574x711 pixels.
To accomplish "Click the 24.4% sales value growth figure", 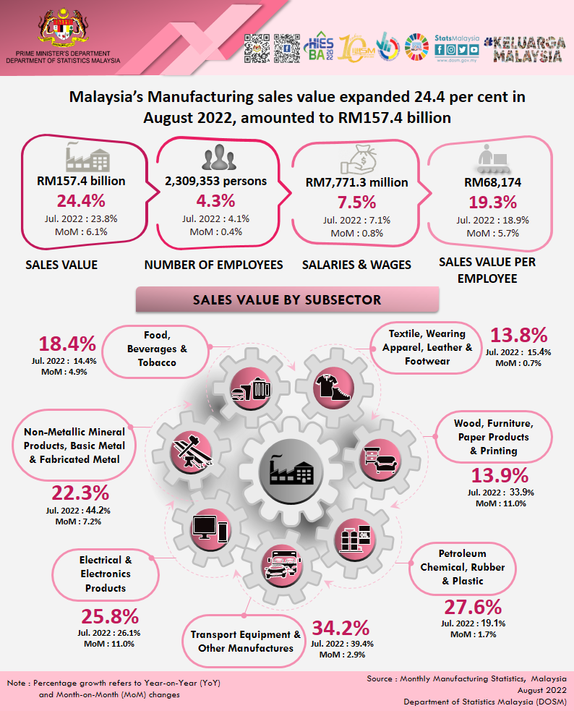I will click(x=81, y=201).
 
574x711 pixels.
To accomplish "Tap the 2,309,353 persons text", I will click(x=215, y=181).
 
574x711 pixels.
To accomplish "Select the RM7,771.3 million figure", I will click(x=356, y=182).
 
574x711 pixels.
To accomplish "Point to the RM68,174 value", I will click(x=492, y=182).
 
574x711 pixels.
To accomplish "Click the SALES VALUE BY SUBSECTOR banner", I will click(x=287, y=299).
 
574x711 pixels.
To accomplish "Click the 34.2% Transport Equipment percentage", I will click(x=340, y=628).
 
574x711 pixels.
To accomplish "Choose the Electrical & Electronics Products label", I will click(x=106, y=574).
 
